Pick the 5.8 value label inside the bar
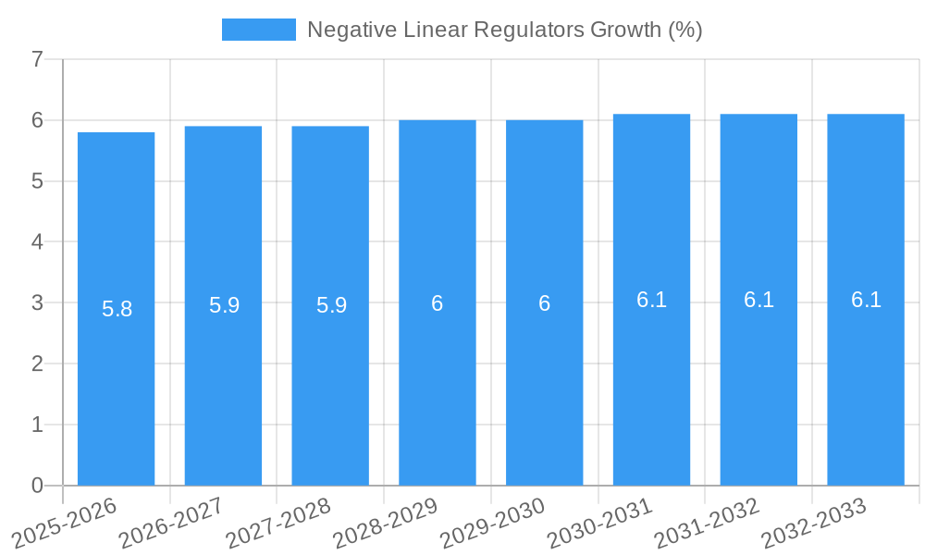[x=117, y=309]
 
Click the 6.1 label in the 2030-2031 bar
[x=652, y=300]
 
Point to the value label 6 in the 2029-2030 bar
[x=545, y=303]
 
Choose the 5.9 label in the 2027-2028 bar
[x=331, y=305]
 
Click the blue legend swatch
[x=258, y=30]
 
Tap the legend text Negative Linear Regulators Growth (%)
[x=504, y=30]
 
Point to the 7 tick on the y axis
[x=37, y=60]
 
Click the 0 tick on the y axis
[x=37, y=486]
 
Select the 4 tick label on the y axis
[x=37, y=242]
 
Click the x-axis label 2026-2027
[x=171, y=523]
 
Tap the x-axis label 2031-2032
[x=707, y=523]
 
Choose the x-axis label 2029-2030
[x=492, y=523]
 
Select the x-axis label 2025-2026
[x=65, y=523]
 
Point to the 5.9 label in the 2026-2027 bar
[x=224, y=305]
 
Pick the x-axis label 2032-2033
[x=814, y=523]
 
